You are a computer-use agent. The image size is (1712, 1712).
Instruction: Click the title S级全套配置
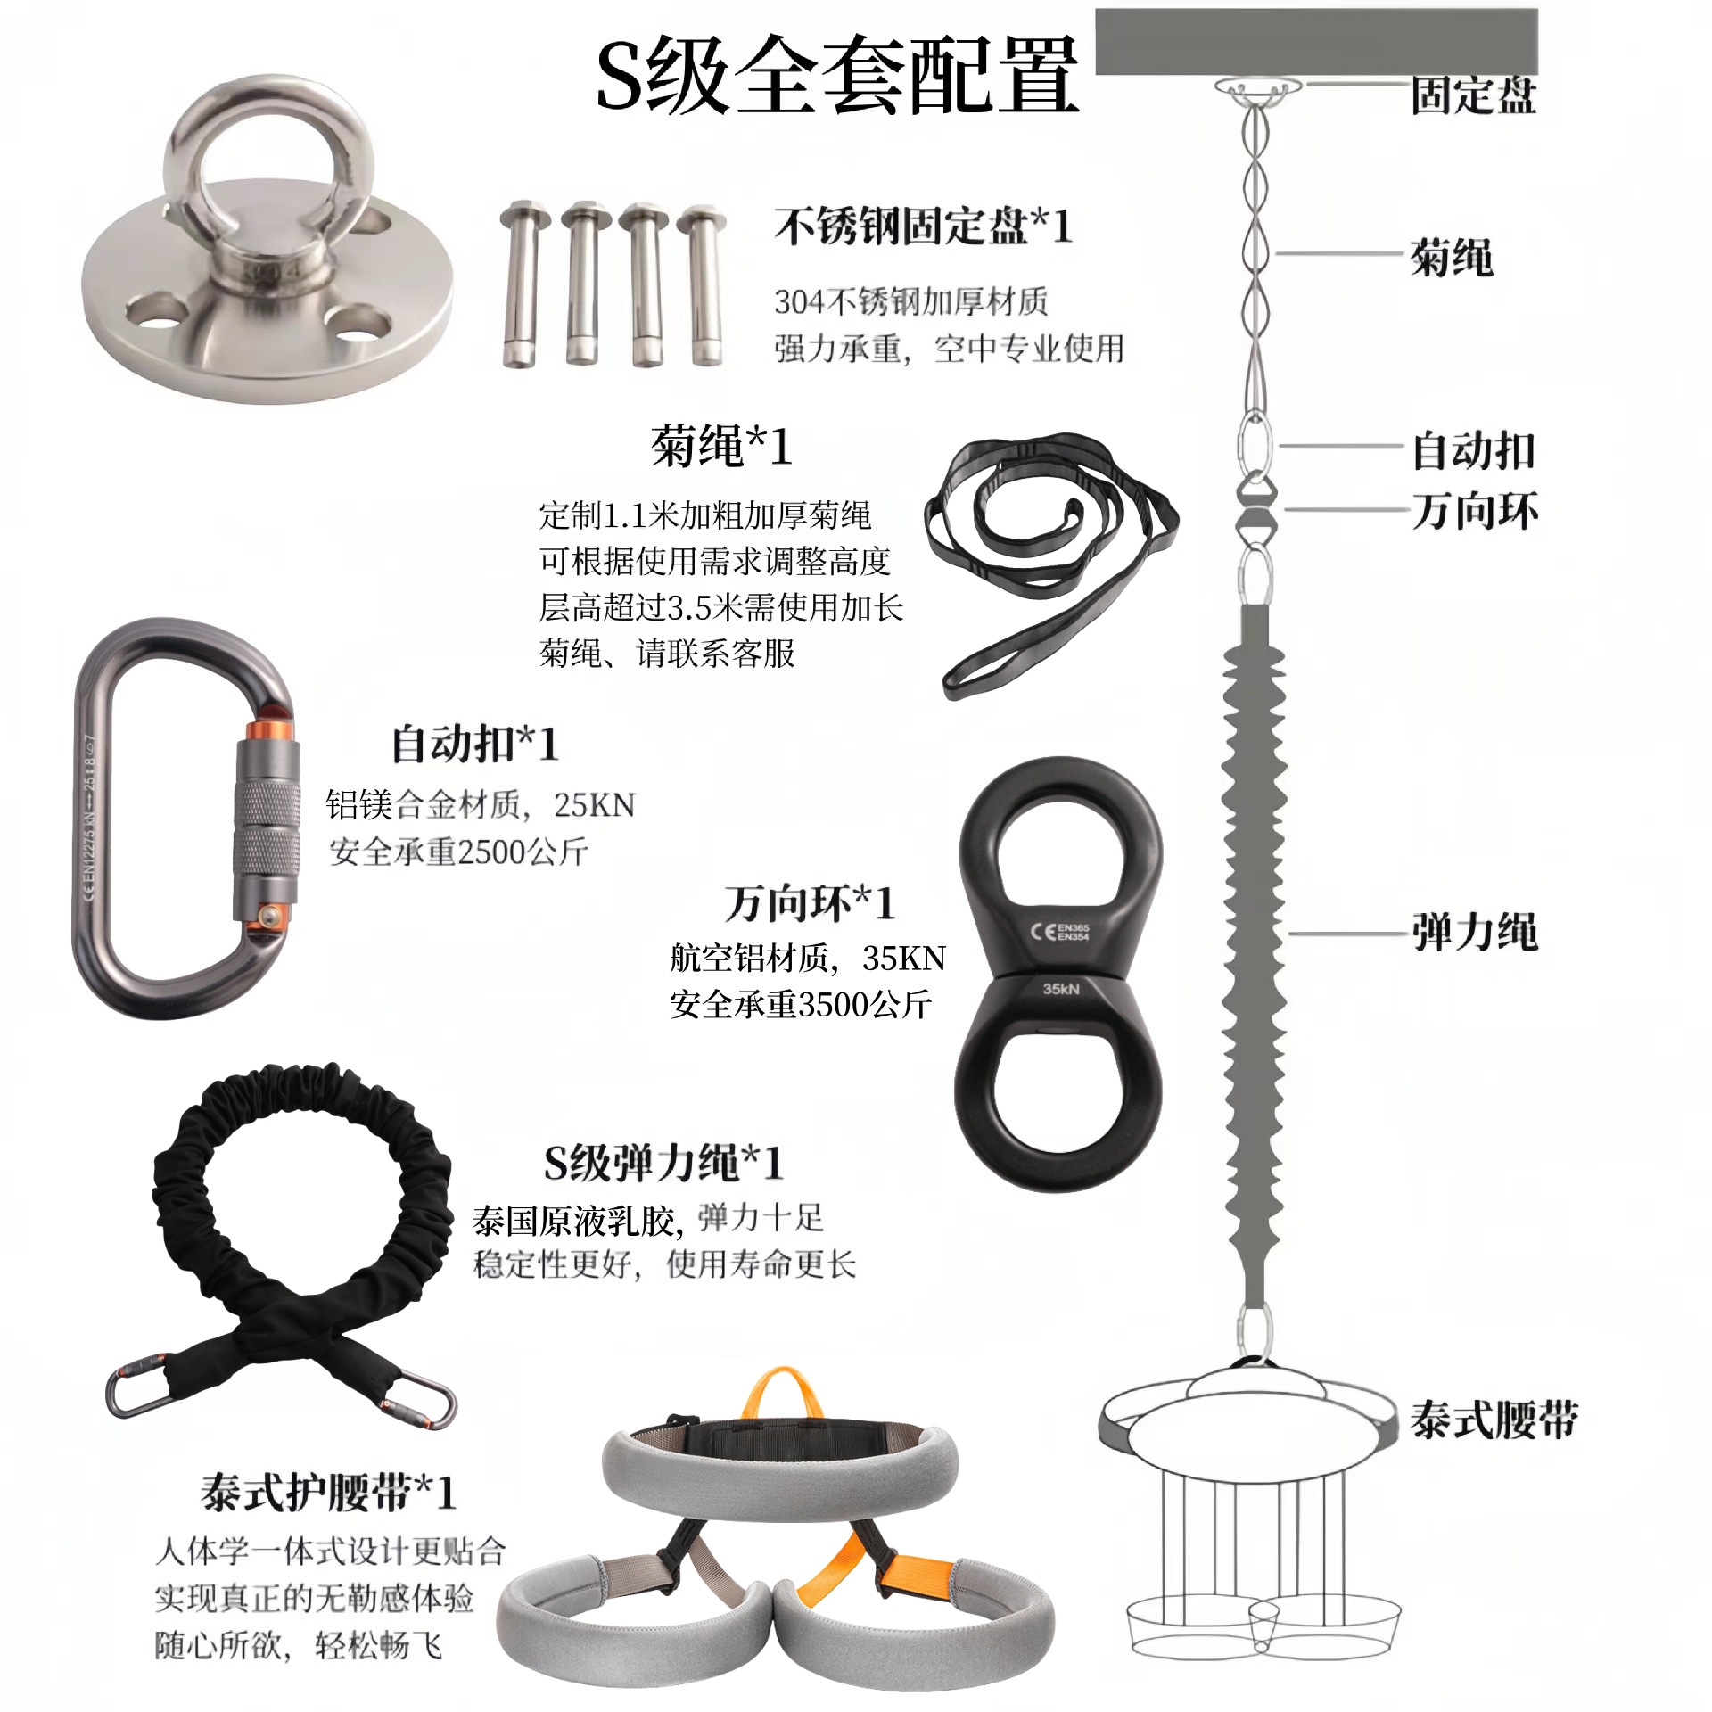coord(836,76)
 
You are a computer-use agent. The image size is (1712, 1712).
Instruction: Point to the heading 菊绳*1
coord(720,446)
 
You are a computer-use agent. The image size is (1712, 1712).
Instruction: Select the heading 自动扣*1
coord(474,744)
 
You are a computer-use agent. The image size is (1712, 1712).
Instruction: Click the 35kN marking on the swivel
coord(1061,989)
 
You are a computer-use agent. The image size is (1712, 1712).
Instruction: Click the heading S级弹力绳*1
coord(663,1162)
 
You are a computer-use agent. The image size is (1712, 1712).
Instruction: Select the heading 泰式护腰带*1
coord(327,1492)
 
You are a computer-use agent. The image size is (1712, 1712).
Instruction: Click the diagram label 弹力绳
coord(1474,933)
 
